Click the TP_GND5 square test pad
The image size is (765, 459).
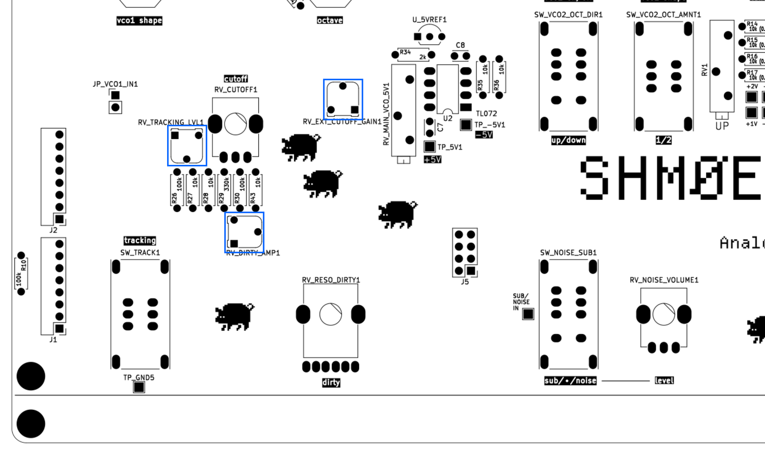click(139, 387)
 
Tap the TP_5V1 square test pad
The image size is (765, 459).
click(430, 146)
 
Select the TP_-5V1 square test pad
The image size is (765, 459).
click(466, 125)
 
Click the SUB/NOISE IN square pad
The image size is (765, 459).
click(528, 314)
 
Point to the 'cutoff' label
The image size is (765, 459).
click(236, 79)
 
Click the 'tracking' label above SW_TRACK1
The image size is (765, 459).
click(140, 241)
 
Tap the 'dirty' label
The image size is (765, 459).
click(331, 382)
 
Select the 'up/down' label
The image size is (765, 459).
click(568, 140)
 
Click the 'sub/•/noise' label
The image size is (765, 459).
click(570, 381)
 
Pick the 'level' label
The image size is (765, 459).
click(664, 381)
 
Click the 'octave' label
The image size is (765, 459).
click(330, 20)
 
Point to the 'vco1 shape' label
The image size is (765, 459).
click(139, 21)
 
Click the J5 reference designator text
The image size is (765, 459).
click(465, 282)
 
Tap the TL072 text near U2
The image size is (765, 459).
click(486, 114)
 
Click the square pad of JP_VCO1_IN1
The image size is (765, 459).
click(115, 95)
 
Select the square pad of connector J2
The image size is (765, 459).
click(59, 219)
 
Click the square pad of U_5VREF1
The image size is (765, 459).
click(417, 37)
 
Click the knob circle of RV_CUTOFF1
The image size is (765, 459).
click(235, 124)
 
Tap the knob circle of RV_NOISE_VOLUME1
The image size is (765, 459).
click(664, 314)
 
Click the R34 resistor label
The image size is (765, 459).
click(405, 52)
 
